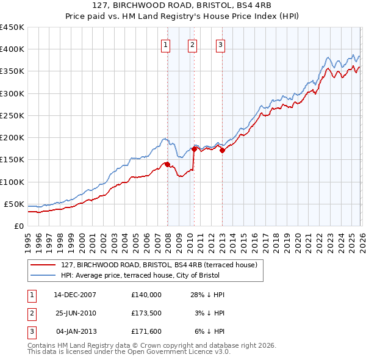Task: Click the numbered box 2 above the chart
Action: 193,44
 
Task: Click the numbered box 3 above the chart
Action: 220,44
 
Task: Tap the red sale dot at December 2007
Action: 167,164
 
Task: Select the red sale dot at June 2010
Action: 194,149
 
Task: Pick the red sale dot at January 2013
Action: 222,150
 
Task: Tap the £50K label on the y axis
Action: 14,204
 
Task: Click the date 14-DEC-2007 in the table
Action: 75,295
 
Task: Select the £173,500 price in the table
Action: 146,313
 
